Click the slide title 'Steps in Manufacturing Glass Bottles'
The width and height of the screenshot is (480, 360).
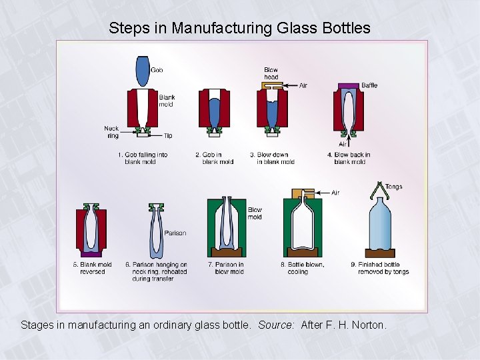click(x=239, y=28)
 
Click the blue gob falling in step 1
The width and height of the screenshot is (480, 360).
click(x=143, y=70)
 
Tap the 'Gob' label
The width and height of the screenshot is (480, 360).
click(x=157, y=70)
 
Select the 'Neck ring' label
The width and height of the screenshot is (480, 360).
click(x=111, y=132)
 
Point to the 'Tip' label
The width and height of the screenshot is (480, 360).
click(x=168, y=136)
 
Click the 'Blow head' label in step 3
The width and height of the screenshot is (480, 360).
click(x=271, y=73)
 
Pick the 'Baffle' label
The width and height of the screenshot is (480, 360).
click(x=369, y=85)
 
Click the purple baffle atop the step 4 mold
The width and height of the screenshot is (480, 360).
click(x=349, y=85)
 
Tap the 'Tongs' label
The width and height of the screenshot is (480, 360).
click(x=394, y=187)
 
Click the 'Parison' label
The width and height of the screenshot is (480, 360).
click(x=175, y=233)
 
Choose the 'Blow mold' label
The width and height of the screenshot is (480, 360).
click(x=255, y=213)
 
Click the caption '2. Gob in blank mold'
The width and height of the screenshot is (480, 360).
click(x=214, y=158)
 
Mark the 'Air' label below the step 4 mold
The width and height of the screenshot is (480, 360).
click(x=343, y=144)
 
